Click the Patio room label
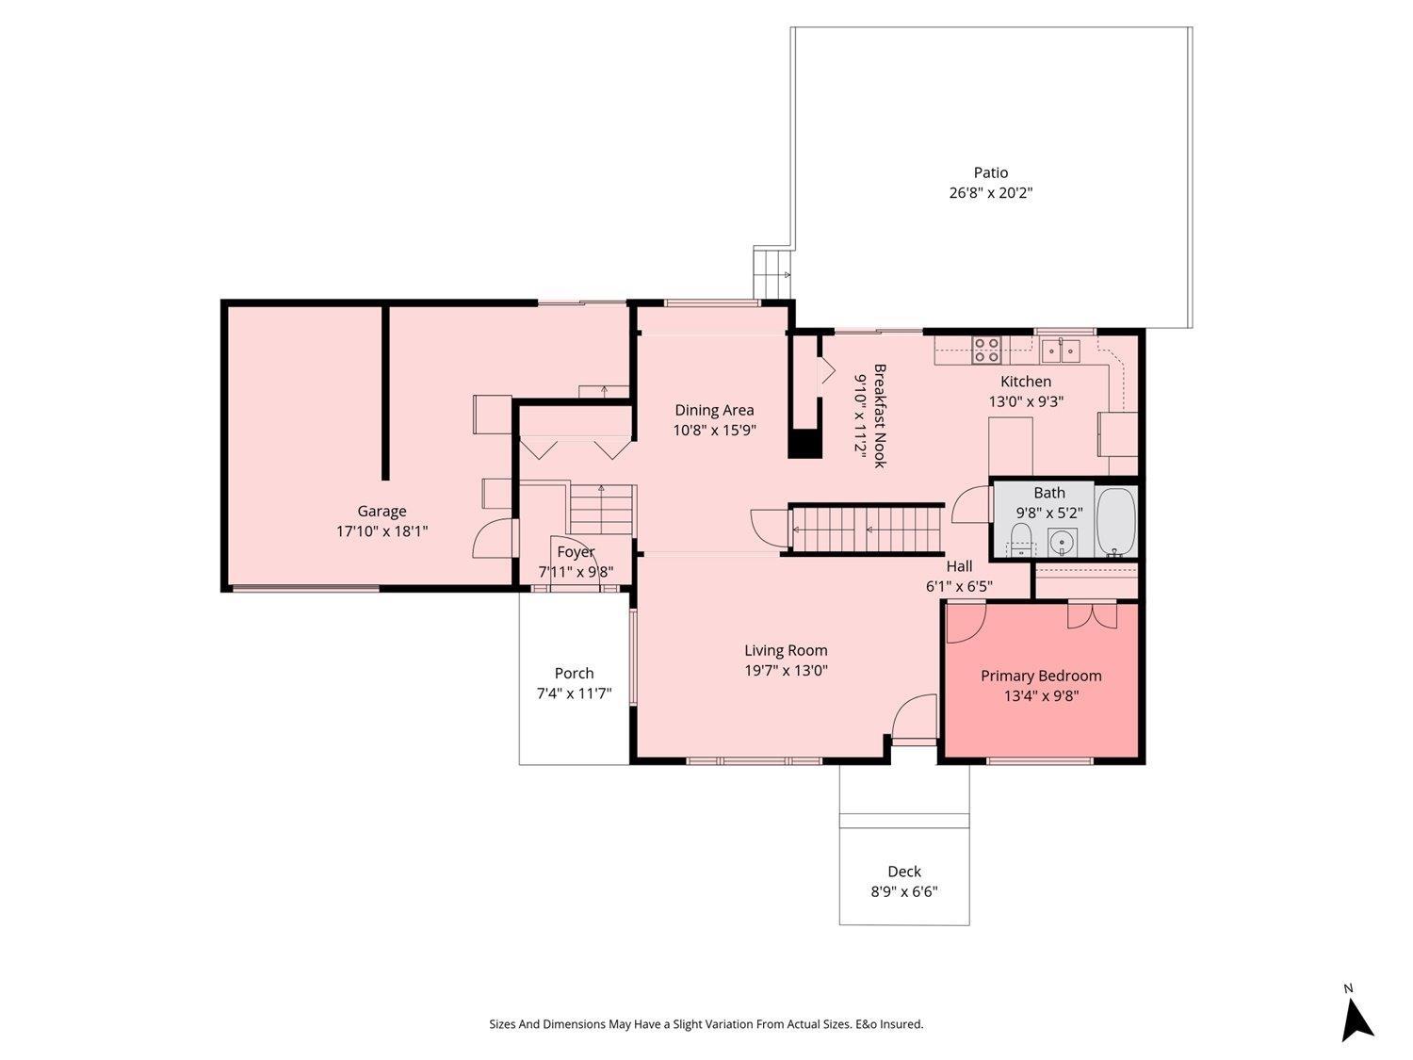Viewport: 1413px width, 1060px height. (990, 172)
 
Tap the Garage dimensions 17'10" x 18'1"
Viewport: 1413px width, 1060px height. (382, 531)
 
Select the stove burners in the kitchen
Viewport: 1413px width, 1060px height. (986, 350)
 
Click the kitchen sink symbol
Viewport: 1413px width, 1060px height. (1061, 351)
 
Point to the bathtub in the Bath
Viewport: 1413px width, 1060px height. (1116, 522)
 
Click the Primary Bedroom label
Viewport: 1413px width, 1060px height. (1041, 676)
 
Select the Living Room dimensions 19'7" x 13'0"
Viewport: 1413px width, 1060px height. (786, 671)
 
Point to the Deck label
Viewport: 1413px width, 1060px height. (903, 872)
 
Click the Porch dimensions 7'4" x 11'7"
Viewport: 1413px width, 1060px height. (574, 693)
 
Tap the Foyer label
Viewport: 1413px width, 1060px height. (576, 552)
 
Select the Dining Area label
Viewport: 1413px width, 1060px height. (714, 410)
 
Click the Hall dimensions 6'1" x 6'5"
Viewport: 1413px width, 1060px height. (959, 586)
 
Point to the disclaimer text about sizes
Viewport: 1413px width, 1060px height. (706, 1024)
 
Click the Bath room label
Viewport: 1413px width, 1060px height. (1049, 493)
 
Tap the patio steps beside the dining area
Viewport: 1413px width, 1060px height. (772, 273)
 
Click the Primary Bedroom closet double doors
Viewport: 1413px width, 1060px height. (1092, 615)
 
